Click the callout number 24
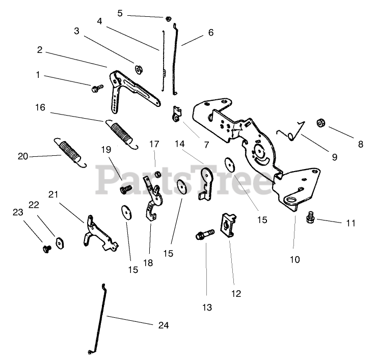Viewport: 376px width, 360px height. click(x=163, y=325)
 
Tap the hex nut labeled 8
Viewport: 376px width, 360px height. click(x=322, y=123)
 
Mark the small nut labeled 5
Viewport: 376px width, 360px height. click(x=168, y=19)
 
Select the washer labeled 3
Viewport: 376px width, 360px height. click(x=138, y=68)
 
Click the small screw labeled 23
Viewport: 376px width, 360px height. click(x=46, y=248)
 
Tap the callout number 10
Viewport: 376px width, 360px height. click(x=295, y=259)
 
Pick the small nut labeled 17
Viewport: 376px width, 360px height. click(x=157, y=175)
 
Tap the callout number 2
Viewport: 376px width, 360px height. click(x=39, y=50)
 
